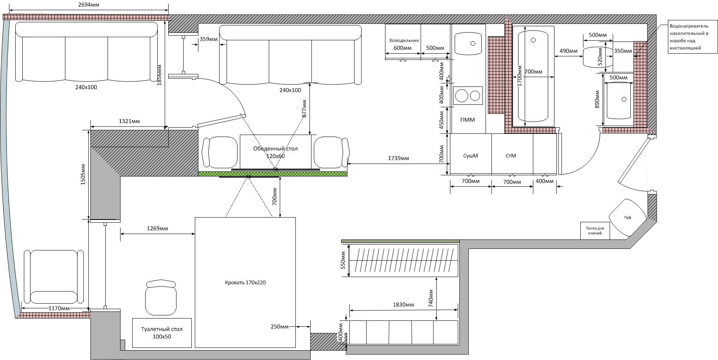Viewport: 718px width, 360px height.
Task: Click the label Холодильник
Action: pos(404,40)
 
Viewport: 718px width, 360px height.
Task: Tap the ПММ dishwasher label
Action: pos(468,120)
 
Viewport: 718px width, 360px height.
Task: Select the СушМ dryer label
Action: pos(470,156)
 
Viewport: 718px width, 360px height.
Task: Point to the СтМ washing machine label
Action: pos(511,156)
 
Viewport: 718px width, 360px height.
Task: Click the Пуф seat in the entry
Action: pos(627,218)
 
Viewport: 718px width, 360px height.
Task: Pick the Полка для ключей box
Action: pos(595,230)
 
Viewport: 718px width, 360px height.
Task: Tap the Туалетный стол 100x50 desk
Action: pos(162,333)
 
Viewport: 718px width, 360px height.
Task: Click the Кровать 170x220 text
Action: pos(245,283)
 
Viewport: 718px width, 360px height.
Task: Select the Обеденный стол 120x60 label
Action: pos(275,152)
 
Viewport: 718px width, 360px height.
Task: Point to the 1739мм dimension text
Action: pos(398,158)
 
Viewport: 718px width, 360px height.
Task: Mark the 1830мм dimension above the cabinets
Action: pos(403,304)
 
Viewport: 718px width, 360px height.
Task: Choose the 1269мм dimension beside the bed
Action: pos(157,228)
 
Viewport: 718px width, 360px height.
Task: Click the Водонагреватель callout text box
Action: pos(693,37)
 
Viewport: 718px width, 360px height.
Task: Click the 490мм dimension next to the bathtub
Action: pos(569,51)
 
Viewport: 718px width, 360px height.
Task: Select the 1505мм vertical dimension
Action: pos(83,175)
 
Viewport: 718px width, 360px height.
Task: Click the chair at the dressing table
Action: pos(161,297)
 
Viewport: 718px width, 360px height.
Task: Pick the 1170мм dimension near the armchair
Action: pos(59,308)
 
